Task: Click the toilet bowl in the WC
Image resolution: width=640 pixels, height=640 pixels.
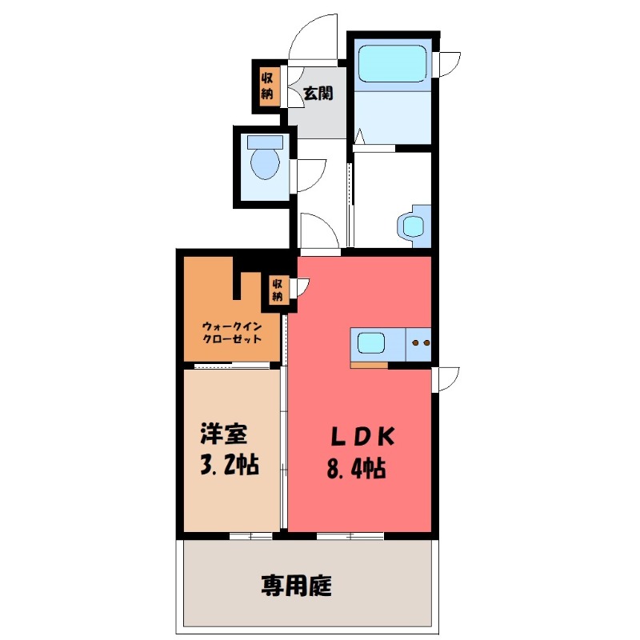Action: click(x=264, y=165)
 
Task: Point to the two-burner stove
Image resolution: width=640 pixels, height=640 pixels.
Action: click(x=419, y=344)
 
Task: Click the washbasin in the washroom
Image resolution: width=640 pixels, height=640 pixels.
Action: click(x=413, y=226)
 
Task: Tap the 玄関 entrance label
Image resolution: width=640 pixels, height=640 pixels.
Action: click(x=318, y=93)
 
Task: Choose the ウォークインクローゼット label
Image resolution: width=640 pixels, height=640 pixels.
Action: click(x=231, y=331)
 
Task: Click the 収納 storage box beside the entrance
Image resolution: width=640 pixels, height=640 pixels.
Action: click(x=266, y=85)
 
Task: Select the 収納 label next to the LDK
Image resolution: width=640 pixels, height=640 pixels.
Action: click(x=277, y=290)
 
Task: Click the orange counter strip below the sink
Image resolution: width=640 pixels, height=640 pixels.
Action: click(x=369, y=366)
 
